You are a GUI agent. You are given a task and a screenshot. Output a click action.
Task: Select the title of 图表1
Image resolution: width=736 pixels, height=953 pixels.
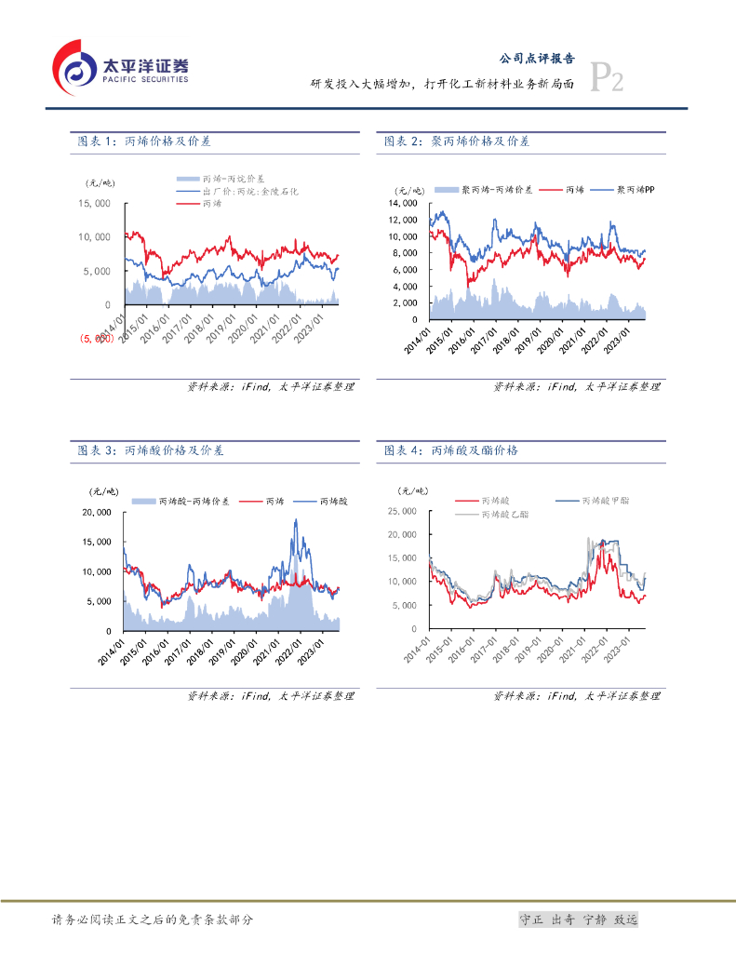click(x=144, y=141)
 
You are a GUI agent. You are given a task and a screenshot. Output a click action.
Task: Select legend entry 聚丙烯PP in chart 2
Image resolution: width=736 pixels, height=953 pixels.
click(x=636, y=189)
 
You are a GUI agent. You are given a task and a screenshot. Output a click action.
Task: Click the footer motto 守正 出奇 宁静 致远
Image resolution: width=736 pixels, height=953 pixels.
click(x=578, y=919)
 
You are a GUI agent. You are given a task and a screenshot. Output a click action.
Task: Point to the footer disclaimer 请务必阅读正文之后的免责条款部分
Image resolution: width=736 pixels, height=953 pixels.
click(x=153, y=919)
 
